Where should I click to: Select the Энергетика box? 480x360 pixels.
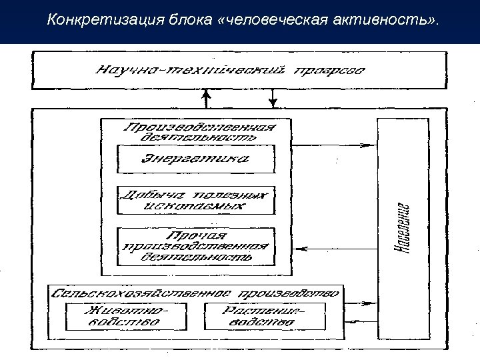pyautogui.click(x=195, y=159)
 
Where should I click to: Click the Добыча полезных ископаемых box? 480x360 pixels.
pyautogui.click(x=195, y=200)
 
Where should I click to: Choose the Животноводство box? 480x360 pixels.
pyautogui.click(x=126, y=316)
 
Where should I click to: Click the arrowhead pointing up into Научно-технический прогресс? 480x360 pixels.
pyautogui.click(x=207, y=95)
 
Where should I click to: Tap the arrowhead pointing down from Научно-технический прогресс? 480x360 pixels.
pyautogui.click(x=273, y=103)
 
